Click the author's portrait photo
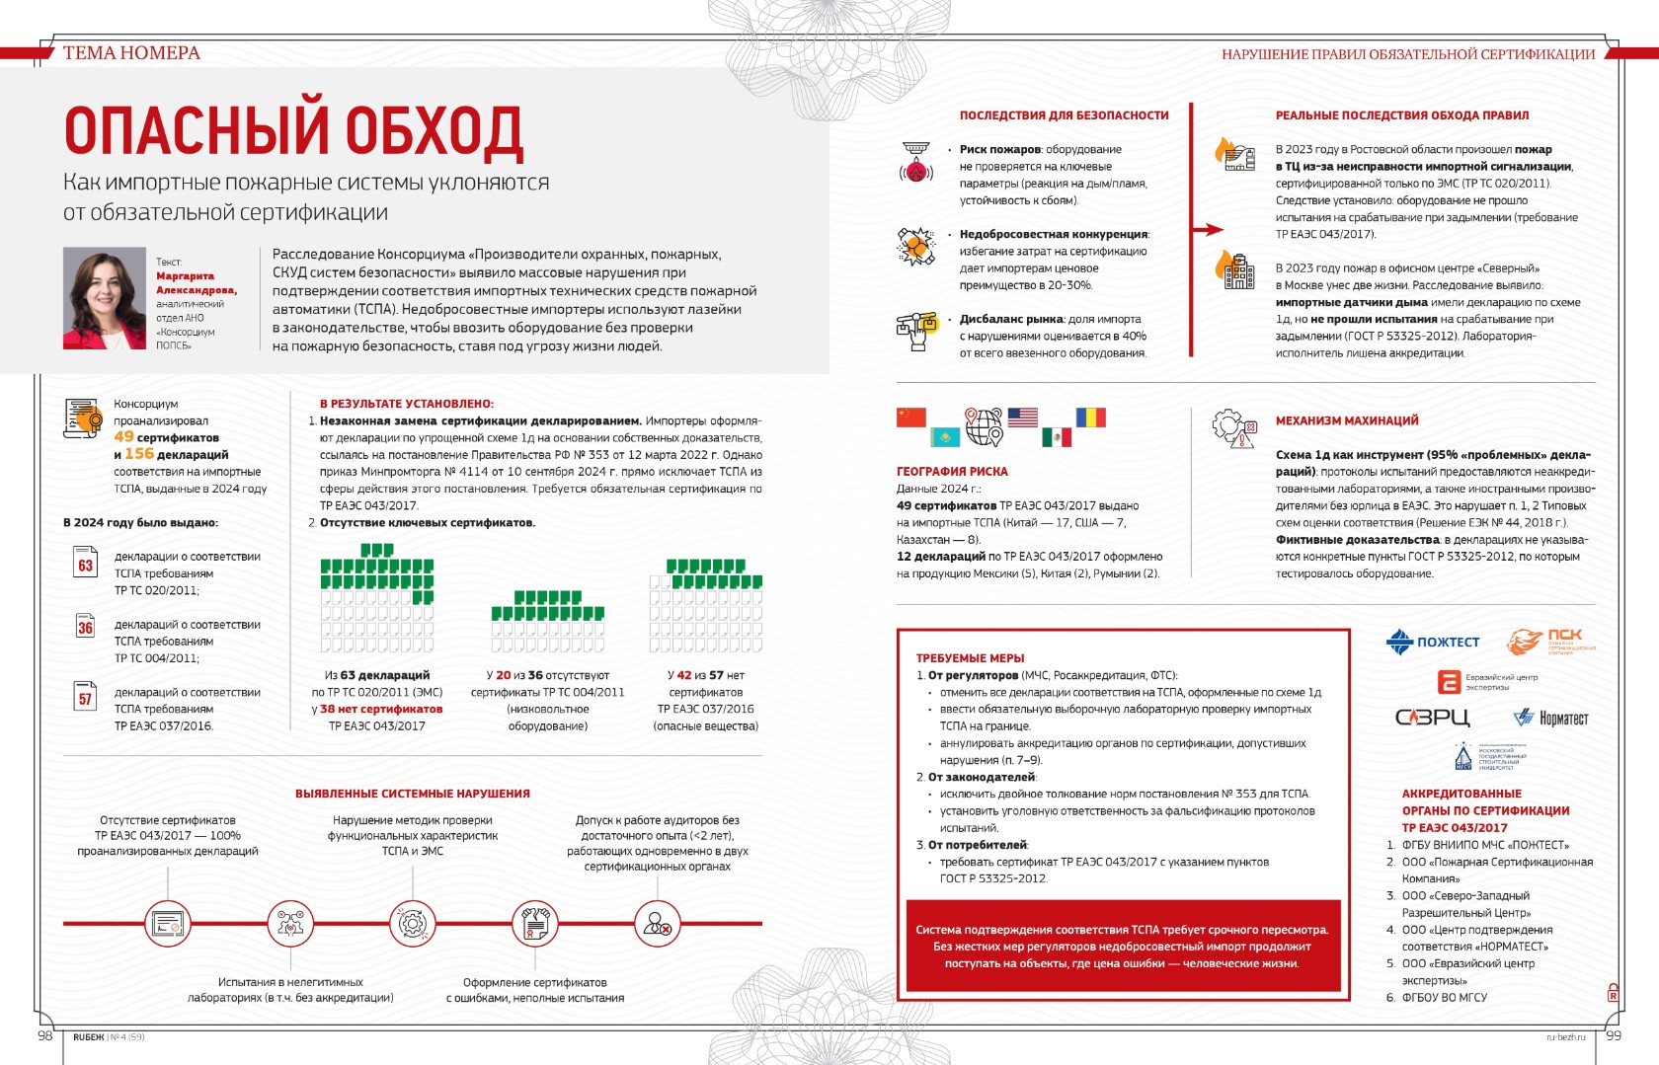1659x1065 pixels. click(x=105, y=298)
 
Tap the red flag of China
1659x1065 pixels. click(x=910, y=417)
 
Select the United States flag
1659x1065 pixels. click(x=1022, y=417)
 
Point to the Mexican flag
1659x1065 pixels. click(x=1056, y=436)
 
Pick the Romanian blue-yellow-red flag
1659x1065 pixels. click(x=1090, y=417)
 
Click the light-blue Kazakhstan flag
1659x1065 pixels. click(x=944, y=436)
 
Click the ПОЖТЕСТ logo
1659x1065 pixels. click(x=1433, y=643)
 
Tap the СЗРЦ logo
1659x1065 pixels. click(x=1432, y=718)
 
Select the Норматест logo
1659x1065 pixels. click(x=1551, y=718)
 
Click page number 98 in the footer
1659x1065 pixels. click(x=45, y=1035)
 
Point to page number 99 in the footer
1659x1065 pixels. click(x=1614, y=1035)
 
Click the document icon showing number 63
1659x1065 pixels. click(x=86, y=564)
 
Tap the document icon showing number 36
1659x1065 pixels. click(x=86, y=627)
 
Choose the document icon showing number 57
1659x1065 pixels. click(x=86, y=697)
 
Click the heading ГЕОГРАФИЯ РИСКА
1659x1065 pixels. click(x=952, y=472)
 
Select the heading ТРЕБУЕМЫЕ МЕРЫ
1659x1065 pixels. click(x=970, y=658)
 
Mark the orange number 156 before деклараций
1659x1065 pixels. click(x=139, y=454)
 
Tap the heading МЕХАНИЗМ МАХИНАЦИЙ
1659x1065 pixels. click(x=1346, y=420)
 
